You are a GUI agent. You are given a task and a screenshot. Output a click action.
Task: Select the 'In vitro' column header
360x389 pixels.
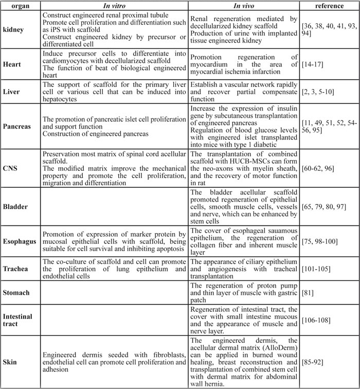[x=115, y=6]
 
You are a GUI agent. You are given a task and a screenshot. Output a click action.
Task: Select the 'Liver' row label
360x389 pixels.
[x=12, y=91]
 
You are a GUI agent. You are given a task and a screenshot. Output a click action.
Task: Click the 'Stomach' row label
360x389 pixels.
[x=17, y=292]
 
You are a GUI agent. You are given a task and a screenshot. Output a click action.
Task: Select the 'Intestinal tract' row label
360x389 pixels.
[x=19, y=320]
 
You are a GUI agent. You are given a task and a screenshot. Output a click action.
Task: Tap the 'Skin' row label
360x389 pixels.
[x=11, y=362]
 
